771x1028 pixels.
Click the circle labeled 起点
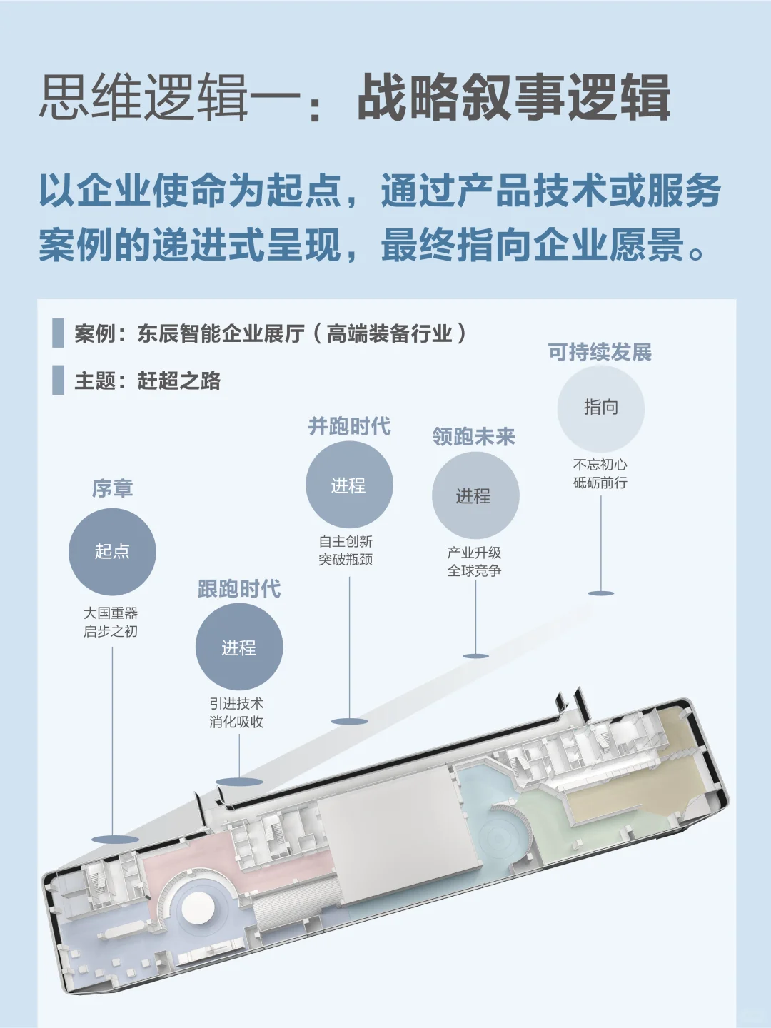112,552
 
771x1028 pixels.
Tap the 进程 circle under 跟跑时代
239,647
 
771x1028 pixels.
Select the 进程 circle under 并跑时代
349,485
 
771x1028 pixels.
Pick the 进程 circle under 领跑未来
475,495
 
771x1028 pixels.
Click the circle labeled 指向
601,408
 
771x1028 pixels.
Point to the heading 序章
112,488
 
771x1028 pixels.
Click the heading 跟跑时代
239,589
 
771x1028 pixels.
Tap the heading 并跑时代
349,426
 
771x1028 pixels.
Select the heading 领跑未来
474,437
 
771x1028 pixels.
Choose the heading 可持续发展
600,352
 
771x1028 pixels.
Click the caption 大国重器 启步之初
111,622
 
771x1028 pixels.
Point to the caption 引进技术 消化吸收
236,712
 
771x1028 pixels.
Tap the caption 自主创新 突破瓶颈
346,550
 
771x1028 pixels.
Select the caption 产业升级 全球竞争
475,561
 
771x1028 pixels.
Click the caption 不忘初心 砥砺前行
600,473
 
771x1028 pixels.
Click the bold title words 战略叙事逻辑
514,98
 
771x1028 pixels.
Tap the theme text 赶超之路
178,381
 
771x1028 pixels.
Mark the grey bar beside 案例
59,333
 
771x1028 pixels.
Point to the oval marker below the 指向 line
601,593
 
